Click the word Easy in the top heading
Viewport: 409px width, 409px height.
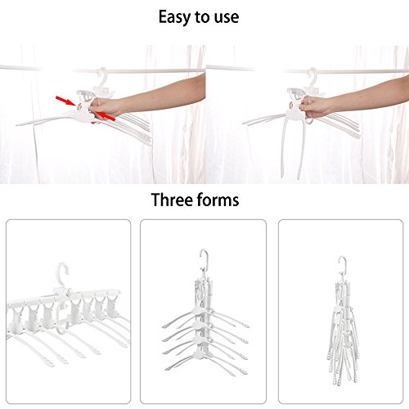click(174, 18)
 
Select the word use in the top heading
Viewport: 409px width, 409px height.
click(227, 17)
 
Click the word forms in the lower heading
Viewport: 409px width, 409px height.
click(218, 200)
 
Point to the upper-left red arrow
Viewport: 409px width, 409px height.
click(65, 101)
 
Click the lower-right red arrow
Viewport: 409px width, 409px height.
click(106, 116)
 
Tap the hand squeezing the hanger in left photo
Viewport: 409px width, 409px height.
click(105, 109)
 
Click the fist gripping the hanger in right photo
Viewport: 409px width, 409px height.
click(313, 107)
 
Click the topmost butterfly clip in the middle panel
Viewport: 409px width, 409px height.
click(200, 311)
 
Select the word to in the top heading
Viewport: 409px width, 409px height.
click(202, 17)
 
